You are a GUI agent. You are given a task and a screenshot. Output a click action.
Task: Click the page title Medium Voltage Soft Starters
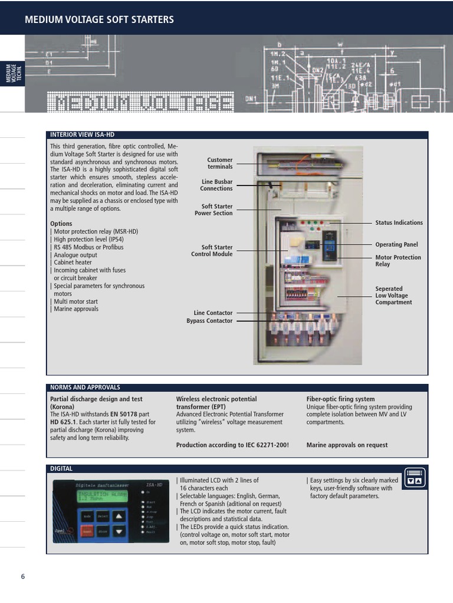pos(99,19)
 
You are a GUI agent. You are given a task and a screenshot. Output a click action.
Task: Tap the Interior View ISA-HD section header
pos(83,135)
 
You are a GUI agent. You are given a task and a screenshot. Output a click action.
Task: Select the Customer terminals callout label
pos(219,163)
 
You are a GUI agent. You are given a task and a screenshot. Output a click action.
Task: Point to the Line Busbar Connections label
pos(216,185)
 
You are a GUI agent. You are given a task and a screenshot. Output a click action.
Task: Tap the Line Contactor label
pos(213,313)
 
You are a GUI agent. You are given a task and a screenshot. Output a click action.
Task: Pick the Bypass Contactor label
pos(209,321)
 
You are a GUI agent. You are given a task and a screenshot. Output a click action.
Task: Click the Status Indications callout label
pos(399,223)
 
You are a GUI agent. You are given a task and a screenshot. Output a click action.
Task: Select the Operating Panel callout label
pos(396,244)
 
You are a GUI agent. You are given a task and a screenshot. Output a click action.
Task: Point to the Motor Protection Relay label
pos(398,261)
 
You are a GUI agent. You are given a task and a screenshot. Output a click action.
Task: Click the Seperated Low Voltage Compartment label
pos(393,296)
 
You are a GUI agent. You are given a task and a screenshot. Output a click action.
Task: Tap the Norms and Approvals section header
pos(85,387)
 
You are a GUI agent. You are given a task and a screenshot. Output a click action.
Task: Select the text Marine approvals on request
pos(347,445)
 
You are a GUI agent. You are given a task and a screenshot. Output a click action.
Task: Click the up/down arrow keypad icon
pos(415,476)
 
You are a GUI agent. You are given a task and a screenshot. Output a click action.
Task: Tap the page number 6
pos(23,577)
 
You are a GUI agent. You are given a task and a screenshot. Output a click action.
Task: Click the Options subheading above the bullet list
pos(61,224)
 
